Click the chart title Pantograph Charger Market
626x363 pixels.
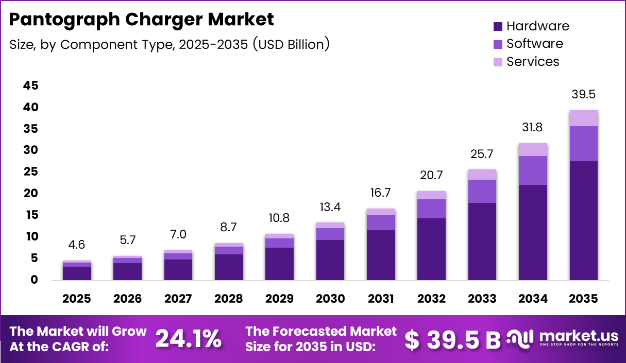(x=142, y=20)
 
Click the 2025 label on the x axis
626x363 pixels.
(x=77, y=299)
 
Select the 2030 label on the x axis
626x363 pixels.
(x=330, y=299)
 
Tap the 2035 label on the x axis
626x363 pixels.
(x=583, y=299)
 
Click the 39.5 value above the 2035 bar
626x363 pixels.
(x=583, y=95)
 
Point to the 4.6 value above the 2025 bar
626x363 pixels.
(x=77, y=246)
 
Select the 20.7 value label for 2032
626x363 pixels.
(x=431, y=176)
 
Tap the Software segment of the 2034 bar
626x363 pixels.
(x=533, y=170)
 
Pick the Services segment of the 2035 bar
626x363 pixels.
(x=583, y=118)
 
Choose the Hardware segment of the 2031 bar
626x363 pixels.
(x=381, y=255)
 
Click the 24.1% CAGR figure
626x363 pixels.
(x=189, y=338)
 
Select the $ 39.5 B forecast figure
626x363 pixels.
(x=453, y=339)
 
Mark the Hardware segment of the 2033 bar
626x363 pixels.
(x=482, y=241)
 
